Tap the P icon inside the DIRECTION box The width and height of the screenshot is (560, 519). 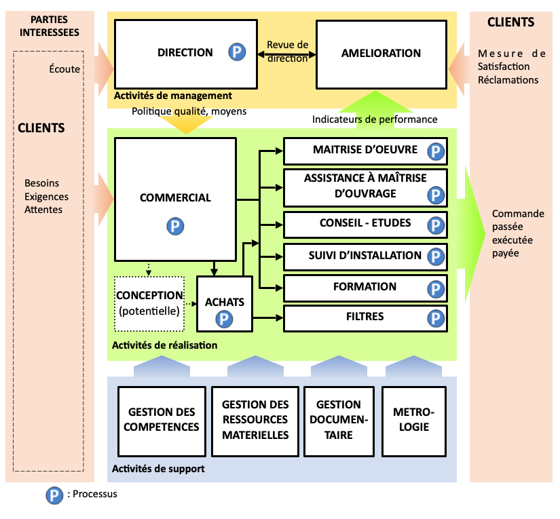237,52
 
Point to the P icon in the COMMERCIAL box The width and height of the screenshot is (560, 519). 176,225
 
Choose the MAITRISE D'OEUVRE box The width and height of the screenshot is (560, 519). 365,151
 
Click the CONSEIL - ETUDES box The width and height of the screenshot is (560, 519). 365,225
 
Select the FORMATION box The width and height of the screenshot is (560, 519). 365,288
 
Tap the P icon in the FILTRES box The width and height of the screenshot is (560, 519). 435,318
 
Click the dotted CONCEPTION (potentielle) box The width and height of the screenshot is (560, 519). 149,303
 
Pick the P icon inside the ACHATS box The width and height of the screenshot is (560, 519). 223,318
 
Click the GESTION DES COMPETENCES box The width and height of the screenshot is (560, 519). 162,419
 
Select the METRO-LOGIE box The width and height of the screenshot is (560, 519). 413,419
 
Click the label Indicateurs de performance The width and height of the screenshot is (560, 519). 375,119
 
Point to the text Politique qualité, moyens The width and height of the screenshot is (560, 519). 189,111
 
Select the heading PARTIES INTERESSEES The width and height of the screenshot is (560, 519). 50,26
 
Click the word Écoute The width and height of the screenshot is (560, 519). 64,69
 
